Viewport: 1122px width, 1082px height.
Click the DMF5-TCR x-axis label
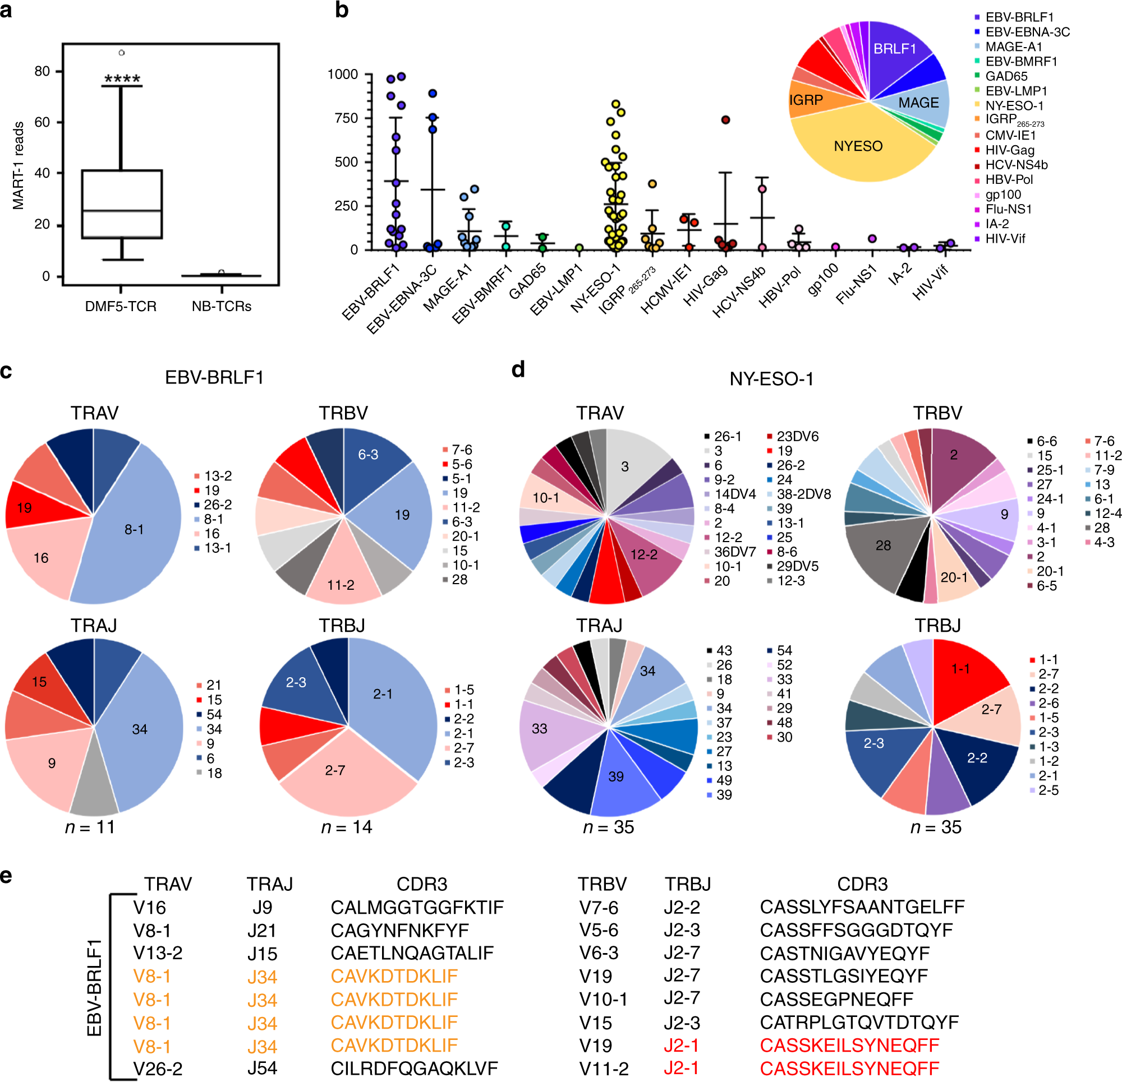click(121, 306)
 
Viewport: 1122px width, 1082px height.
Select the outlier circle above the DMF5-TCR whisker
click(121, 53)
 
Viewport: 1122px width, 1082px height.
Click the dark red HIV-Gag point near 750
click(725, 119)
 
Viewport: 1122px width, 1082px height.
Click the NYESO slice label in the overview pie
click(858, 146)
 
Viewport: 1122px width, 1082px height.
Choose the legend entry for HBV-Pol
click(1009, 179)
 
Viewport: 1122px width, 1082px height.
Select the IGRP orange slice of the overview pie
click(807, 100)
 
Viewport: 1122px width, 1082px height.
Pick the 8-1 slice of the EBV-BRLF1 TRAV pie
click(134, 529)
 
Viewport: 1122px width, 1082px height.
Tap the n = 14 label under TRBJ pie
click(346, 827)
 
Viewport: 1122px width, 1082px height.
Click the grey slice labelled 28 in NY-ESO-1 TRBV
click(882, 545)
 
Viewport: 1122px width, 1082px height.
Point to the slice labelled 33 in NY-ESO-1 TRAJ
click(539, 728)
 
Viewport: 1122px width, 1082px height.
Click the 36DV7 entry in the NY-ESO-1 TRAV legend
click(734, 552)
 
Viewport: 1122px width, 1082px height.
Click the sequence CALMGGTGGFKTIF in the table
click(417, 908)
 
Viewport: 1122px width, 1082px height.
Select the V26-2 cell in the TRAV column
click(158, 1069)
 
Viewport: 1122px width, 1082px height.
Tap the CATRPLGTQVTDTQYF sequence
click(859, 1022)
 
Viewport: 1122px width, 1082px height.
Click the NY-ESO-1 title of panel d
click(771, 379)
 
